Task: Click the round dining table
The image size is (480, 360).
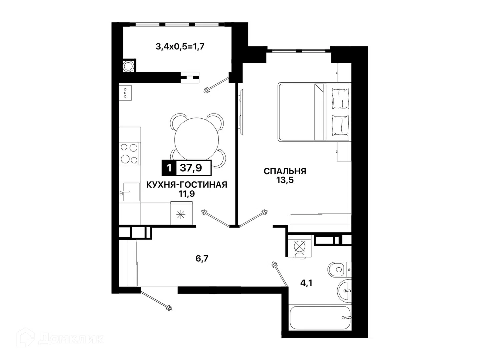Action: (196, 139)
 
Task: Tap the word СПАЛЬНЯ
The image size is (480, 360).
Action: (285, 171)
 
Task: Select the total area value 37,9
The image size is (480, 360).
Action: (191, 168)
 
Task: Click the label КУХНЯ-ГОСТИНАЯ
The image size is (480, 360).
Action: (187, 185)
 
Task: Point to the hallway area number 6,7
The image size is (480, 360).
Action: (202, 259)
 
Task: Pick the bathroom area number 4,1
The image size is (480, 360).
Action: (306, 283)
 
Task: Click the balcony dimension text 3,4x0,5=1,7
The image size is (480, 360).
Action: (180, 47)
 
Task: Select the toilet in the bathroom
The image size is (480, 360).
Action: (339, 270)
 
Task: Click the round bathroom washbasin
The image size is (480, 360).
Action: (344, 291)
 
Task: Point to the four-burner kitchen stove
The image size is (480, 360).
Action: (129, 154)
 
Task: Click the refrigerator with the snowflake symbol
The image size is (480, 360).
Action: (181, 213)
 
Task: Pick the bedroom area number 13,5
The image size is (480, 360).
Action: (285, 180)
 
